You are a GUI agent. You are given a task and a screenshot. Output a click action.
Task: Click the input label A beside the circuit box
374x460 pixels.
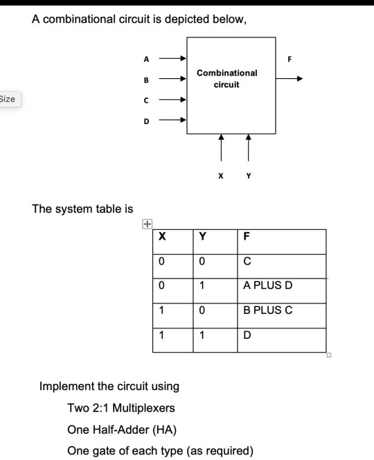click(x=146, y=60)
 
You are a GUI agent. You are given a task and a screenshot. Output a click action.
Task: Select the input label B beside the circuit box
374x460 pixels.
click(x=146, y=80)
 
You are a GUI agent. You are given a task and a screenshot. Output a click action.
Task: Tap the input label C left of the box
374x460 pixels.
click(x=146, y=100)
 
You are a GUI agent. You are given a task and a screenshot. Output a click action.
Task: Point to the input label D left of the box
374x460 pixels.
click(x=146, y=121)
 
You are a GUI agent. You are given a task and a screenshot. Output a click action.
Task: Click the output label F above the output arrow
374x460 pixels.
click(x=290, y=60)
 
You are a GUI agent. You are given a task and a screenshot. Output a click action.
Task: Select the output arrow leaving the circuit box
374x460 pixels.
click(x=290, y=78)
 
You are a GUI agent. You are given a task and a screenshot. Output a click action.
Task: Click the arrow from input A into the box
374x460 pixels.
click(x=172, y=58)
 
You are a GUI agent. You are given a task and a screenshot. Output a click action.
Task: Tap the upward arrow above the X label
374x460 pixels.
click(x=221, y=148)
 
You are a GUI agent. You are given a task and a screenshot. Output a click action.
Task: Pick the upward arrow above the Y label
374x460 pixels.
click(x=249, y=148)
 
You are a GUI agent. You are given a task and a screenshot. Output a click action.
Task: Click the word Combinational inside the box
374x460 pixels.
click(x=227, y=73)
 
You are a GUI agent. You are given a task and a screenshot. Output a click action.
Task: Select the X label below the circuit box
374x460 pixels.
click(x=221, y=176)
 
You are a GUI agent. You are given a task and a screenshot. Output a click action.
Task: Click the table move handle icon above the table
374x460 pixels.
click(x=147, y=224)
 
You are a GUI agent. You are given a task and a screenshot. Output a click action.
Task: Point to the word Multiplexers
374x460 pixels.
click(x=143, y=408)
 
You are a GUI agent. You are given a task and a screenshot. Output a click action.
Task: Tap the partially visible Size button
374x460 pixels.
click(x=10, y=99)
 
